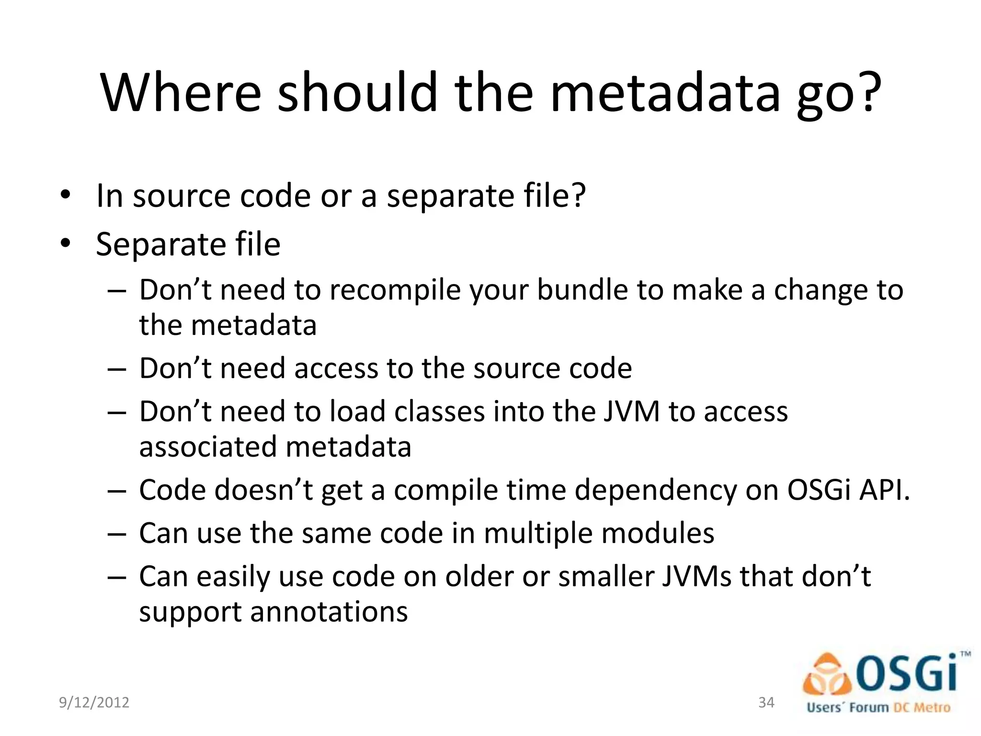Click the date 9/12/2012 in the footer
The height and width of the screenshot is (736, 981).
click(94, 702)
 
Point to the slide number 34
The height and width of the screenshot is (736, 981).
click(766, 702)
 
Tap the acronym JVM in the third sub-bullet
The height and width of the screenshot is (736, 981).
click(631, 412)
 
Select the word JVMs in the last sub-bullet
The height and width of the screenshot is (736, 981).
click(697, 576)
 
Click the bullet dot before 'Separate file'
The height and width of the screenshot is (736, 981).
click(66, 243)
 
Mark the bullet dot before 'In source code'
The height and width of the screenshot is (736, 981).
click(66, 195)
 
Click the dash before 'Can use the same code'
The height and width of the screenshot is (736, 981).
click(117, 534)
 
